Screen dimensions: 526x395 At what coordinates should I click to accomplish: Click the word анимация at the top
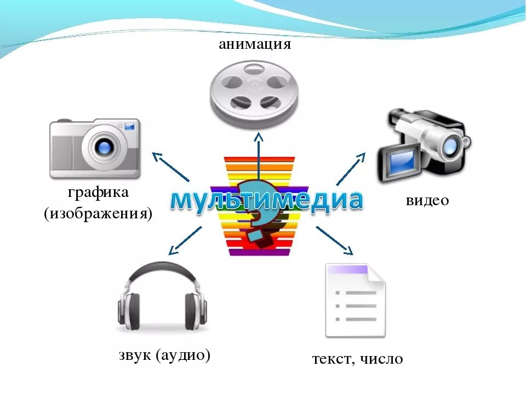point(255,44)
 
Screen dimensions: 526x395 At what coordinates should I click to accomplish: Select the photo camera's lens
point(104,146)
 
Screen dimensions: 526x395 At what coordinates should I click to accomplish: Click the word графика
point(99,193)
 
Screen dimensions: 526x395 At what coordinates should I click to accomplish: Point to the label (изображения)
point(98,213)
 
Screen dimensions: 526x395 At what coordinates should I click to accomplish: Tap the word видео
point(427,201)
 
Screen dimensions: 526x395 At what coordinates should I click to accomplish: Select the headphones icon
point(162,299)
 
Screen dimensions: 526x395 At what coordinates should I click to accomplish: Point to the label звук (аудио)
point(164,355)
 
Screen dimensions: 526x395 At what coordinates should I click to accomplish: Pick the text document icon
point(356,300)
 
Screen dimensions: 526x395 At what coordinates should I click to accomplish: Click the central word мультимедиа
point(266,201)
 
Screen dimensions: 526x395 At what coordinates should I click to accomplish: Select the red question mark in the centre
point(256,211)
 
